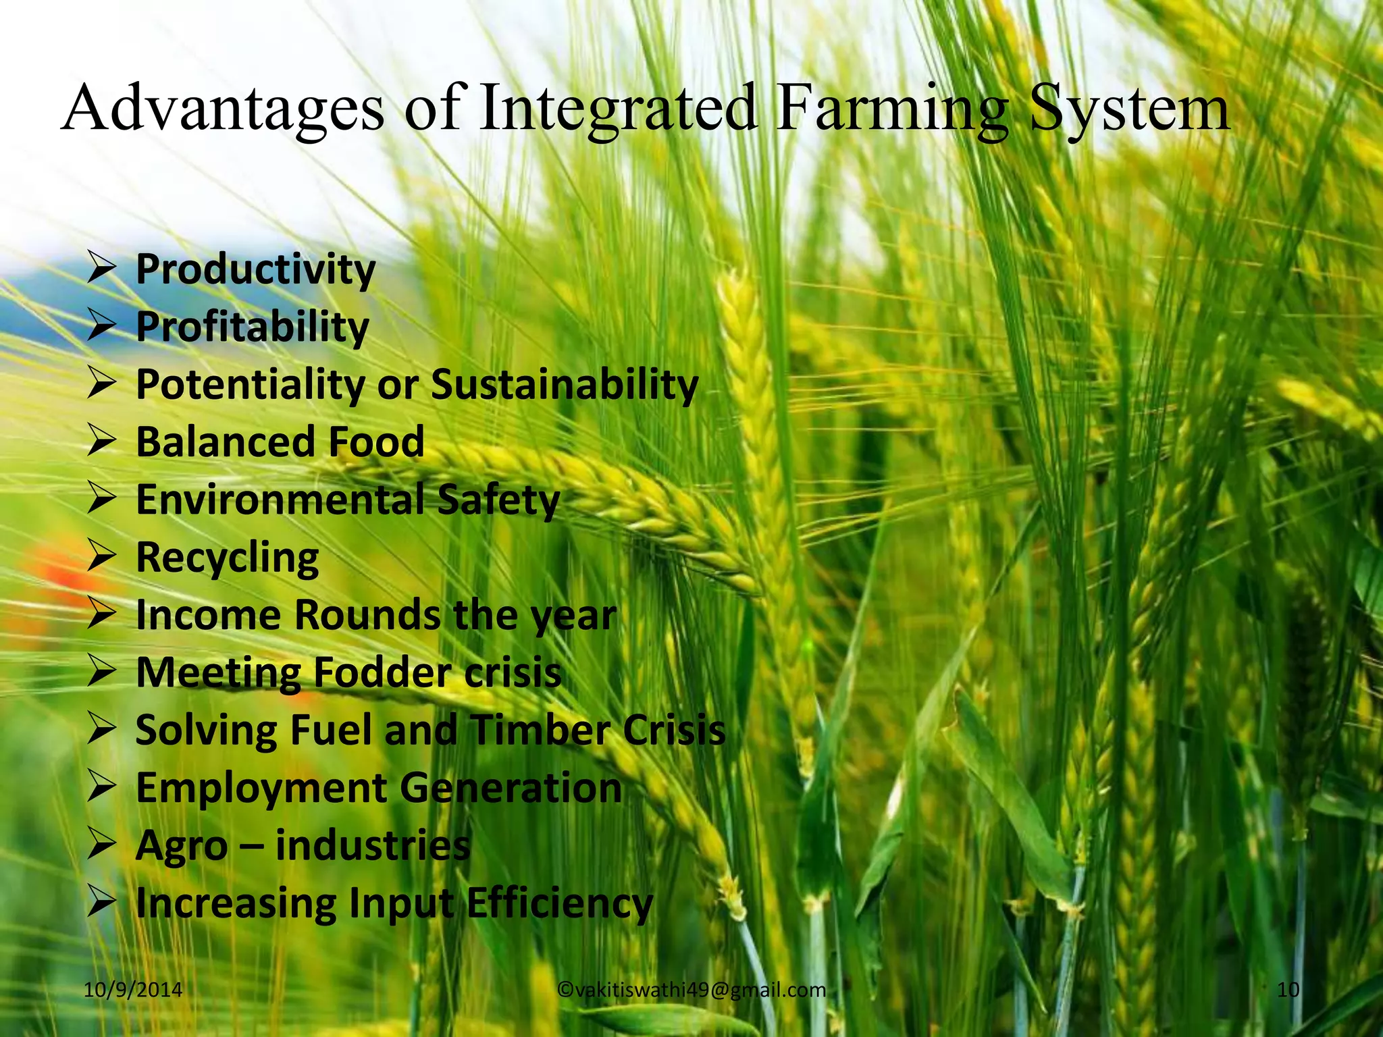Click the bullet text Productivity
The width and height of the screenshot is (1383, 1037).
255,270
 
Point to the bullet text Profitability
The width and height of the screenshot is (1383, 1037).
253,327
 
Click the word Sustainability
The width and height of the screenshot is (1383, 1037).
565,385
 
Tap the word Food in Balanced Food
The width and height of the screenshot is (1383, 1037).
376,442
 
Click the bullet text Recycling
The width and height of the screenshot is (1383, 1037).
228,558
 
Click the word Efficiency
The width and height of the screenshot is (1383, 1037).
560,903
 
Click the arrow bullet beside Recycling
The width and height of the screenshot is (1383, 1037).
103,558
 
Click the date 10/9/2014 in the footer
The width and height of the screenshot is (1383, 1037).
133,990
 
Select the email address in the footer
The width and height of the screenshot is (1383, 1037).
691,990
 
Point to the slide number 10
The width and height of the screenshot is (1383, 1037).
1288,990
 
